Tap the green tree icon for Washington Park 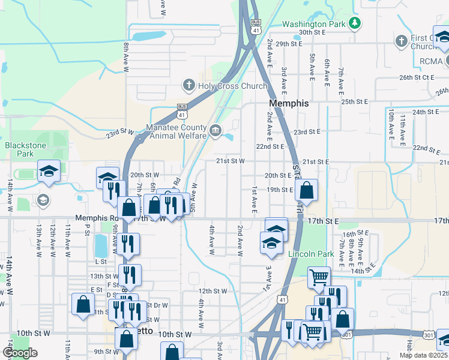pos(356,23)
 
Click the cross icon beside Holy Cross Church pos(188,85)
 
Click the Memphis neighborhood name pos(289,103)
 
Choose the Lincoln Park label pos(310,254)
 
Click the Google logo pos(20,353)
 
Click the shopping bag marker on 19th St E pos(306,191)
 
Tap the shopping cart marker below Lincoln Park pos(319,277)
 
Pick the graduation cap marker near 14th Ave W pos(49,171)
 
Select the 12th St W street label pos(213,291)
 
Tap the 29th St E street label pos(289,44)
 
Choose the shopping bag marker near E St pos(82,304)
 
